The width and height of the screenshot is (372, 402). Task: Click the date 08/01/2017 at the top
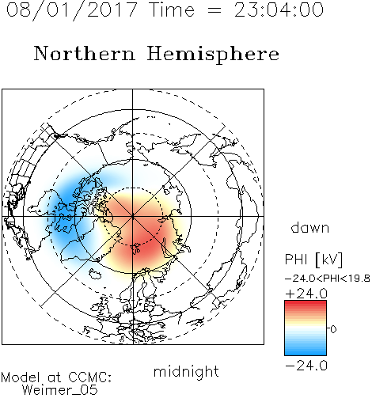pos(72,10)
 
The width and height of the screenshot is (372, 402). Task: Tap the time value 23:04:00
pos(279,9)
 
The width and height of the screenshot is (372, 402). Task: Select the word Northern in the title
pos(85,53)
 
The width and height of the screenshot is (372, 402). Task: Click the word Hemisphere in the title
pos(213,54)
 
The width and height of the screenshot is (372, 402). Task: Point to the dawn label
pos(310,227)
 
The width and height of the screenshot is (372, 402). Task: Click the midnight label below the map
pos(186,372)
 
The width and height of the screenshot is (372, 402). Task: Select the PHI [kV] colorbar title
pos(313,259)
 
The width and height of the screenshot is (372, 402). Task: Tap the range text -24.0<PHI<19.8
pos(328,279)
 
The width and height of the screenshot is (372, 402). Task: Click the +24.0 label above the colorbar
pos(306,294)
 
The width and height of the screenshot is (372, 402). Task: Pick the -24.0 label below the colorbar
pos(306,366)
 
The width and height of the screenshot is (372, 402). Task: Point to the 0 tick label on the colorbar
pos(333,329)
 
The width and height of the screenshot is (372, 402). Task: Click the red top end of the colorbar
pos(306,302)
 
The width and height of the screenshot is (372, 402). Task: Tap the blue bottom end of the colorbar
pos(306,353)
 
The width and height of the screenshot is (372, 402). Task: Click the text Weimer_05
pos(60,390)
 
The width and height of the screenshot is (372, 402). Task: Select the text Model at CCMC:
pos(56,377)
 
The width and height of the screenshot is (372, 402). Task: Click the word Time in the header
pos(172,9)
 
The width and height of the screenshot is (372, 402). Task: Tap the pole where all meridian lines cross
pos(133,217)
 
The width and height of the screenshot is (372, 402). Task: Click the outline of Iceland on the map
pos(95,274)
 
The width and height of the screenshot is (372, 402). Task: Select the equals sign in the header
pos(214,10)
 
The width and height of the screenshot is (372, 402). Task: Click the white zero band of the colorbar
pos(306,328)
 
